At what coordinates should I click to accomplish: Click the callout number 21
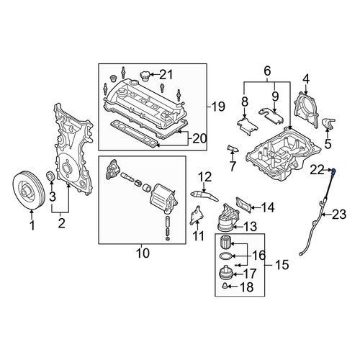pos(166,75)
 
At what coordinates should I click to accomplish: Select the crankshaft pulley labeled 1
pos(29,191)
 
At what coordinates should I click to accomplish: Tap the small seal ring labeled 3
pos(50,176)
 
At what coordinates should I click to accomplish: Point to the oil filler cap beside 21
pos(145,76)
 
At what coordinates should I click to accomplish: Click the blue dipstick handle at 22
pos(333,172)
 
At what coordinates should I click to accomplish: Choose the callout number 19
pos(218,107)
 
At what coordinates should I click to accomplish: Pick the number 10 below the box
pos(143,253)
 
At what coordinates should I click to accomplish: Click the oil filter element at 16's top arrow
pos(225,243)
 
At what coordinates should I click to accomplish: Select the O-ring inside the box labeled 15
pos(226,256)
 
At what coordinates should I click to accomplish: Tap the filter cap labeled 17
pos(226,274)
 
